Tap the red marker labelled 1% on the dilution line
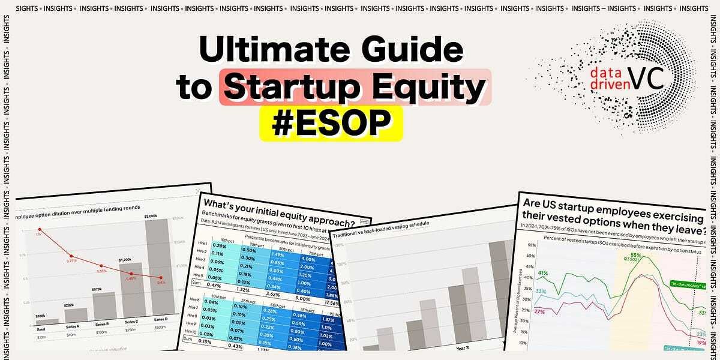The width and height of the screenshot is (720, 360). pyautogui.click(x=40, y=229)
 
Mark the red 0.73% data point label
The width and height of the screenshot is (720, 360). pyautogui.click(x=71, y=260)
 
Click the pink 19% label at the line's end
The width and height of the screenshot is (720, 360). pyautogui.click(x=701, y=342)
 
